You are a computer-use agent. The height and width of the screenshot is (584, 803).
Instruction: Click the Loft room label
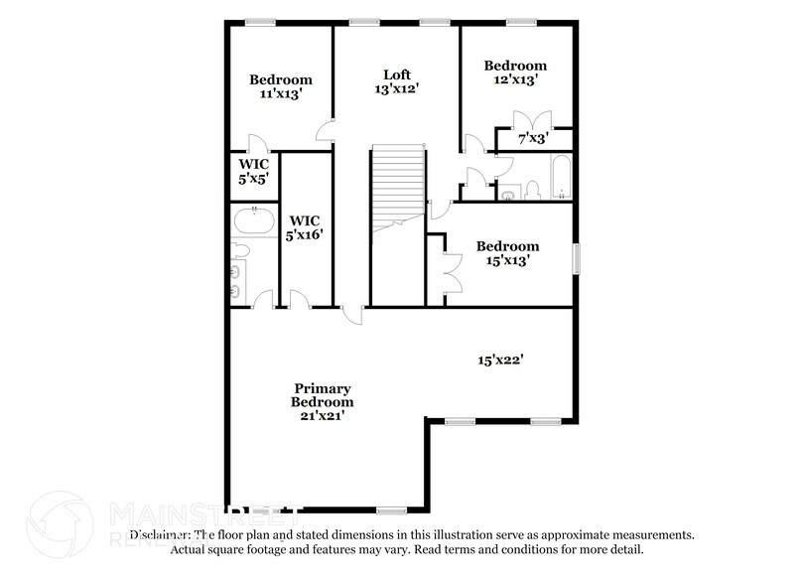pyautogui.click(x=397, y=74)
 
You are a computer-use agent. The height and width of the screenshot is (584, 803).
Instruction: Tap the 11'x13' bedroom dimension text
pyautogui.click(x=280, y=93)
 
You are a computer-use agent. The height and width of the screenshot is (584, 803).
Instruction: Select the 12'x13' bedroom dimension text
pyautogui.click(x=515, y=79)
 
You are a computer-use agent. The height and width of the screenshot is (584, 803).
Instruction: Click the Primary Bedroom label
pyautogui.click(x=322, y=395)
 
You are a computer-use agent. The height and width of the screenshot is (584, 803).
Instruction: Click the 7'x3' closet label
pyautogui.click(x=533, y=139)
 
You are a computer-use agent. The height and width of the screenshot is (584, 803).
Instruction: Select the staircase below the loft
pyautogui.click(x=398, y=185)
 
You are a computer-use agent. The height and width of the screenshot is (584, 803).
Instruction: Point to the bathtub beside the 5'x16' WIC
pyautogui.click(x=255, y=219)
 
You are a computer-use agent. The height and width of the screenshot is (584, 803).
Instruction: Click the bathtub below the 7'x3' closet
pyautogui.click(x=560, y=177)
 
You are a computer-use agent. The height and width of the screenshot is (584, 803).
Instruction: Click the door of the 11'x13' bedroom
pyautogui.click(x=256, y=143)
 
